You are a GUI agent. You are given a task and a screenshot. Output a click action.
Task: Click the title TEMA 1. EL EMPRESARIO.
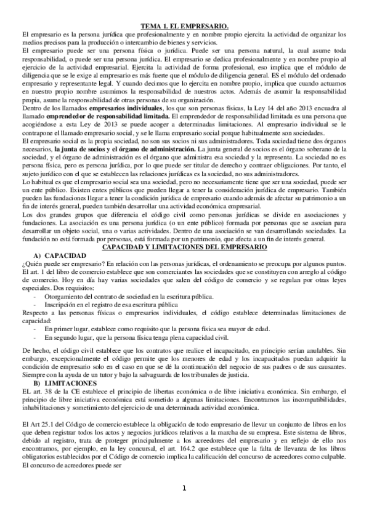184,26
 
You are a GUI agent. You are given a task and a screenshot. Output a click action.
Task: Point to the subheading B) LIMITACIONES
62,383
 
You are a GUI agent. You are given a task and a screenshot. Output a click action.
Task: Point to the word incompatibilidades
304,400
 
